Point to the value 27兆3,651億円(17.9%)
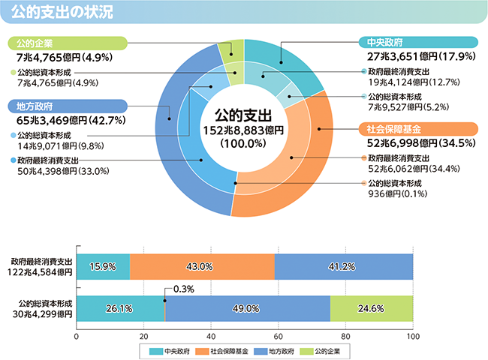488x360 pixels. click(x=411, y=56)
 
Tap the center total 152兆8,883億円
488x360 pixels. click(x=242, y=130)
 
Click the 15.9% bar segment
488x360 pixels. click(x=103, y=266)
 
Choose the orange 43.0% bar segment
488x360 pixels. click(x=202, y=266)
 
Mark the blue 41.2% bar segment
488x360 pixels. click(x=343, y=266)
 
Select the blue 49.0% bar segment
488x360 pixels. click(x=247, y=308)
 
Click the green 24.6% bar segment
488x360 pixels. click(x=371, y=308)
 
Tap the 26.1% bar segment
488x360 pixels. click(x=120, y=308)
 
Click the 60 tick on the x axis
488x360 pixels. click(x=279, y=336)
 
